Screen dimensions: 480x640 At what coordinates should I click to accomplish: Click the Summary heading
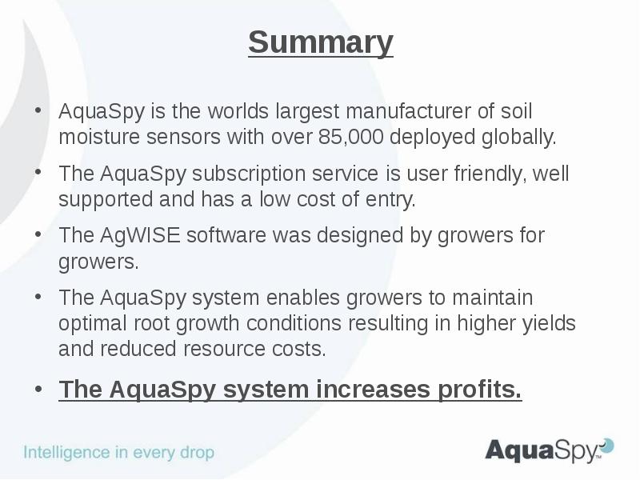pyautogui.click(x=320, y=42)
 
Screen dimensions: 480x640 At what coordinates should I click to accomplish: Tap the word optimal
pyautogui.click(x=89, y=324)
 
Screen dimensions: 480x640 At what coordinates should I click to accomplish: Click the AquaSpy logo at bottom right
pyautogui.click(x=548, y=450)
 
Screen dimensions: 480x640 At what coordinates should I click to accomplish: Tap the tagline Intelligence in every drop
pyautogui.click(x=118, y=452)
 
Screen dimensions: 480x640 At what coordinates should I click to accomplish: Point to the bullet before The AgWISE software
pyautogui.click(x=39, y=235)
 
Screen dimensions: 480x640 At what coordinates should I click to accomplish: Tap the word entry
pyautogui.click(x=393, y=199)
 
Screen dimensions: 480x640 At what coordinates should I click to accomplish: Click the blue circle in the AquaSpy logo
pyautogui.click(x=607, y=445)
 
